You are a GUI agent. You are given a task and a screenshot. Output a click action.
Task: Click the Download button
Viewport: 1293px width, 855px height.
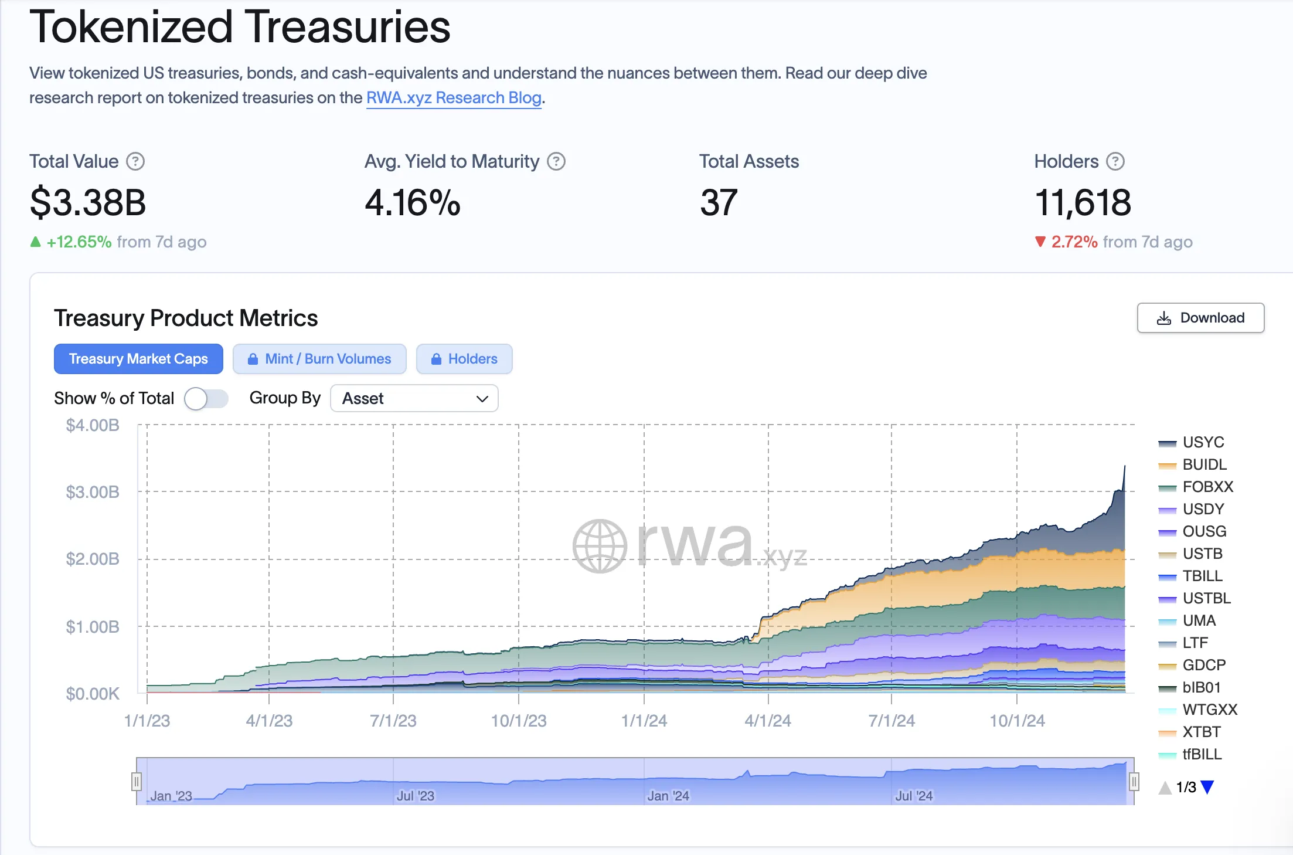click(1200, 318)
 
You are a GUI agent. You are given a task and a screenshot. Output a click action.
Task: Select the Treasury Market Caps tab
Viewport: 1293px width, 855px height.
click(138, 359)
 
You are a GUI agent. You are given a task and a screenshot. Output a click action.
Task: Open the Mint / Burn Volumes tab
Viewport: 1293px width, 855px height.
click(319, 359)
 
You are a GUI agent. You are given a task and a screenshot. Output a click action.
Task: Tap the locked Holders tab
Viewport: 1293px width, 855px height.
click(464, 359)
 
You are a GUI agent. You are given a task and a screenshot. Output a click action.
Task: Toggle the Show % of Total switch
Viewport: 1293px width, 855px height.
click(206, 399)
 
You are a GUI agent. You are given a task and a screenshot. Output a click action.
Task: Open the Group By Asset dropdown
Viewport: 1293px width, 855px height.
click(414, 399)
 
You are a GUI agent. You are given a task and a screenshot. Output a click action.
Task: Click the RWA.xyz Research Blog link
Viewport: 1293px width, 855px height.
click(454, 97)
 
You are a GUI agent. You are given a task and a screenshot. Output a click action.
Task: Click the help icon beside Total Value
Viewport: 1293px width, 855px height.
click(135, 161)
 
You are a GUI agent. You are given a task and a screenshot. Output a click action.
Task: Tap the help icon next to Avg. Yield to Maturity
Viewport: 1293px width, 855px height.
click(556, 161)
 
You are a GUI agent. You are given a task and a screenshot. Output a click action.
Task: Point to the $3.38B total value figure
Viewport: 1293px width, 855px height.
click(88, 202)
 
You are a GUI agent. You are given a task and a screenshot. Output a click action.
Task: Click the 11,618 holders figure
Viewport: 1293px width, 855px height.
click(1083, 202)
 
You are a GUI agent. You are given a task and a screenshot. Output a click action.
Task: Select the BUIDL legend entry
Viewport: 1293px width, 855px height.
click(1204, 464)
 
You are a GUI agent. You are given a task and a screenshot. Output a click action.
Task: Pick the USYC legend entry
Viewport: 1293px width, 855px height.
click(1203, 442)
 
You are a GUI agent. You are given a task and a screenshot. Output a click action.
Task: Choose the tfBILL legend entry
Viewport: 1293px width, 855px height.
click(1202, 754)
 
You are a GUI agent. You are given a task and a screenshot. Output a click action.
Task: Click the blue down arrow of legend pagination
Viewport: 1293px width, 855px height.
click(1207, 787)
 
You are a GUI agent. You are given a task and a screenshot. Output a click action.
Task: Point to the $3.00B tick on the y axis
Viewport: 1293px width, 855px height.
click(93, 492)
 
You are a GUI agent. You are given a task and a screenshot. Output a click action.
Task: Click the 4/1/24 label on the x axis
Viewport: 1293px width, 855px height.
click(768, 721)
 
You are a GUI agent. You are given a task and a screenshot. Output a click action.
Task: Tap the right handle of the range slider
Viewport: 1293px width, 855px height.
click(1134, 781)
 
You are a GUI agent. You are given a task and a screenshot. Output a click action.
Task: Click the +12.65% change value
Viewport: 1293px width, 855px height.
click(79, 242)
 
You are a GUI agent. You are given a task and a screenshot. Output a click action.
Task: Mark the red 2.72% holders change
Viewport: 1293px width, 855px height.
click(1074, 242)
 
